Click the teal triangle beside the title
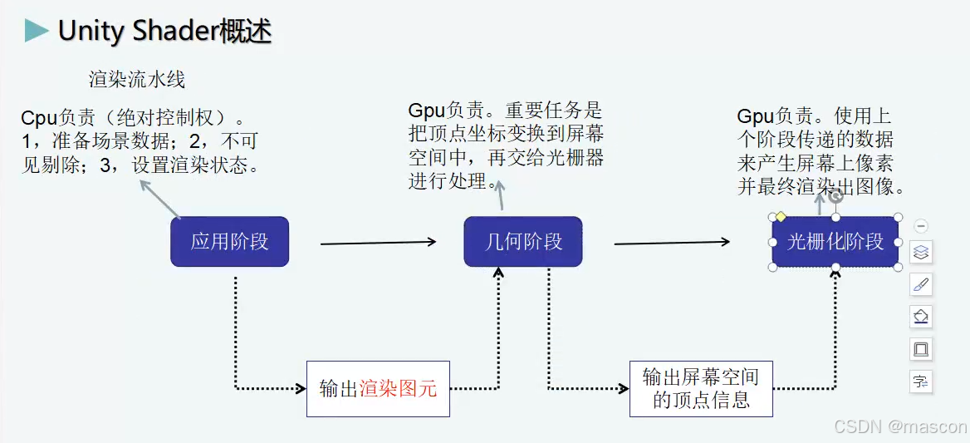pos(37,31)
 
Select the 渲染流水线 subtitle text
pos(137,80)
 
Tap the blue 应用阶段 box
pos(229,242)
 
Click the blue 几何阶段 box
pos(523,242)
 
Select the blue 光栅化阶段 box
pos(835,242)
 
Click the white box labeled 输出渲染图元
pos(378,389)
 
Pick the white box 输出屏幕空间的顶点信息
pos(701,388)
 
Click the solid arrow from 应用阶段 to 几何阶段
pos(378,243)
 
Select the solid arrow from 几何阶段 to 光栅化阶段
pos(672,243)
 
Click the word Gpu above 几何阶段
pos(426,111)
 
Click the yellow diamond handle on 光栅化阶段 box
pos(781,216)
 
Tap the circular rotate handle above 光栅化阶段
pos(836,196)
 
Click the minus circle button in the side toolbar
pos(921,226)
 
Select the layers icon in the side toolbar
pos(921,252)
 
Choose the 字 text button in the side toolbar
pos(921,381)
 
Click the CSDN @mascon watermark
pos(900,426)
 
